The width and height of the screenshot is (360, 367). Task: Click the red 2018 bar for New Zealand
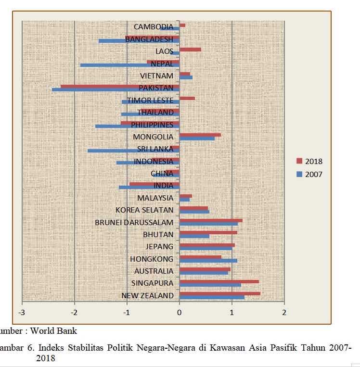(220, 293)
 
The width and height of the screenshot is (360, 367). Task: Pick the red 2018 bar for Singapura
(219, 281)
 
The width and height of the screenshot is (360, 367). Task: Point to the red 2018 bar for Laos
(190, 50)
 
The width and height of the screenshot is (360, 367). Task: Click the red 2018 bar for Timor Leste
(187, 98)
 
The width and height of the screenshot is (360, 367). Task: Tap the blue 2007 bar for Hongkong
(208, 261)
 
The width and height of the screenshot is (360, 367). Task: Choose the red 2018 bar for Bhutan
(208, 232)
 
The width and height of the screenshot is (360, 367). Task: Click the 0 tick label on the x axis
(180, 313)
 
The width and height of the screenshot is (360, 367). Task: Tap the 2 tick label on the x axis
(284, 313)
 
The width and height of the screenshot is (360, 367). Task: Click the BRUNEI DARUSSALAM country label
(134, 222)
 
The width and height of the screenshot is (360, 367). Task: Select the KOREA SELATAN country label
(144, 210)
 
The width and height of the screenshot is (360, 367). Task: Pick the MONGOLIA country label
(153, 137)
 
